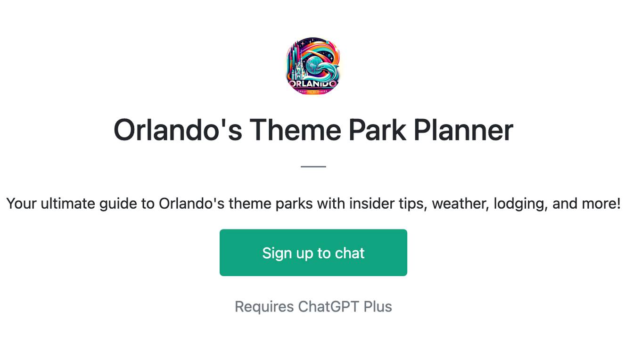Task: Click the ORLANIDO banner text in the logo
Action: (x=313, y=84)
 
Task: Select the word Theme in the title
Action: (x=296, y=130)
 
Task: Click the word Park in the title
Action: (x=377, y=130)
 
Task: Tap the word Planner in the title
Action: (x=463, y=130)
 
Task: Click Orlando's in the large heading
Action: (x=178, y=130)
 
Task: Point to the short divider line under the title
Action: (x=313, y=166)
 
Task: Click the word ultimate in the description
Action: (x=68, y=204)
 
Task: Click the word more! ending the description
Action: (x=601, y=204)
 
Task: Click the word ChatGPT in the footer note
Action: (x=329, y=307)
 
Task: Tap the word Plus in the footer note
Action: (x=378, y=307)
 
